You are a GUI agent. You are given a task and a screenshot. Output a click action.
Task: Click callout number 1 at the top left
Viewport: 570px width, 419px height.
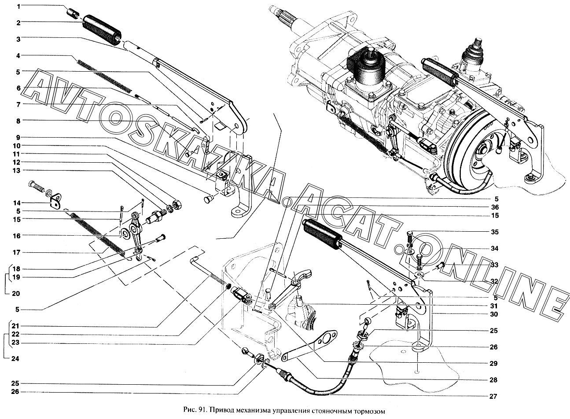coord(18,6)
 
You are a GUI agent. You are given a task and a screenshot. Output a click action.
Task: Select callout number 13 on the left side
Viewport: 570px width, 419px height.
coord(16,170)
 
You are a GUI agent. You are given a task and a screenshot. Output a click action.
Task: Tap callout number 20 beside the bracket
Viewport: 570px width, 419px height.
coord(16,294)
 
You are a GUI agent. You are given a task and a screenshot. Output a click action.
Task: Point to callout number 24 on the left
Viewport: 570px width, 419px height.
coord(15,359)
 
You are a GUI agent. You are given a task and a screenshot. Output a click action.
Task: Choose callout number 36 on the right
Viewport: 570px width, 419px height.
coord(495,207)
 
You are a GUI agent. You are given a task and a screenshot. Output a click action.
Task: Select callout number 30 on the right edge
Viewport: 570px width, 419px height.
coord(494,314)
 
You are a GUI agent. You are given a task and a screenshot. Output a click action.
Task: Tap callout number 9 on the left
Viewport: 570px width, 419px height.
coord(18,138)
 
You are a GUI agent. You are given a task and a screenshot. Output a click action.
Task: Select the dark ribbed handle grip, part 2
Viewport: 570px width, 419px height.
coord(102,30)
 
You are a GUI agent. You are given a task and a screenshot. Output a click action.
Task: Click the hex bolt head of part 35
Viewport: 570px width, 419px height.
coord(410,233)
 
